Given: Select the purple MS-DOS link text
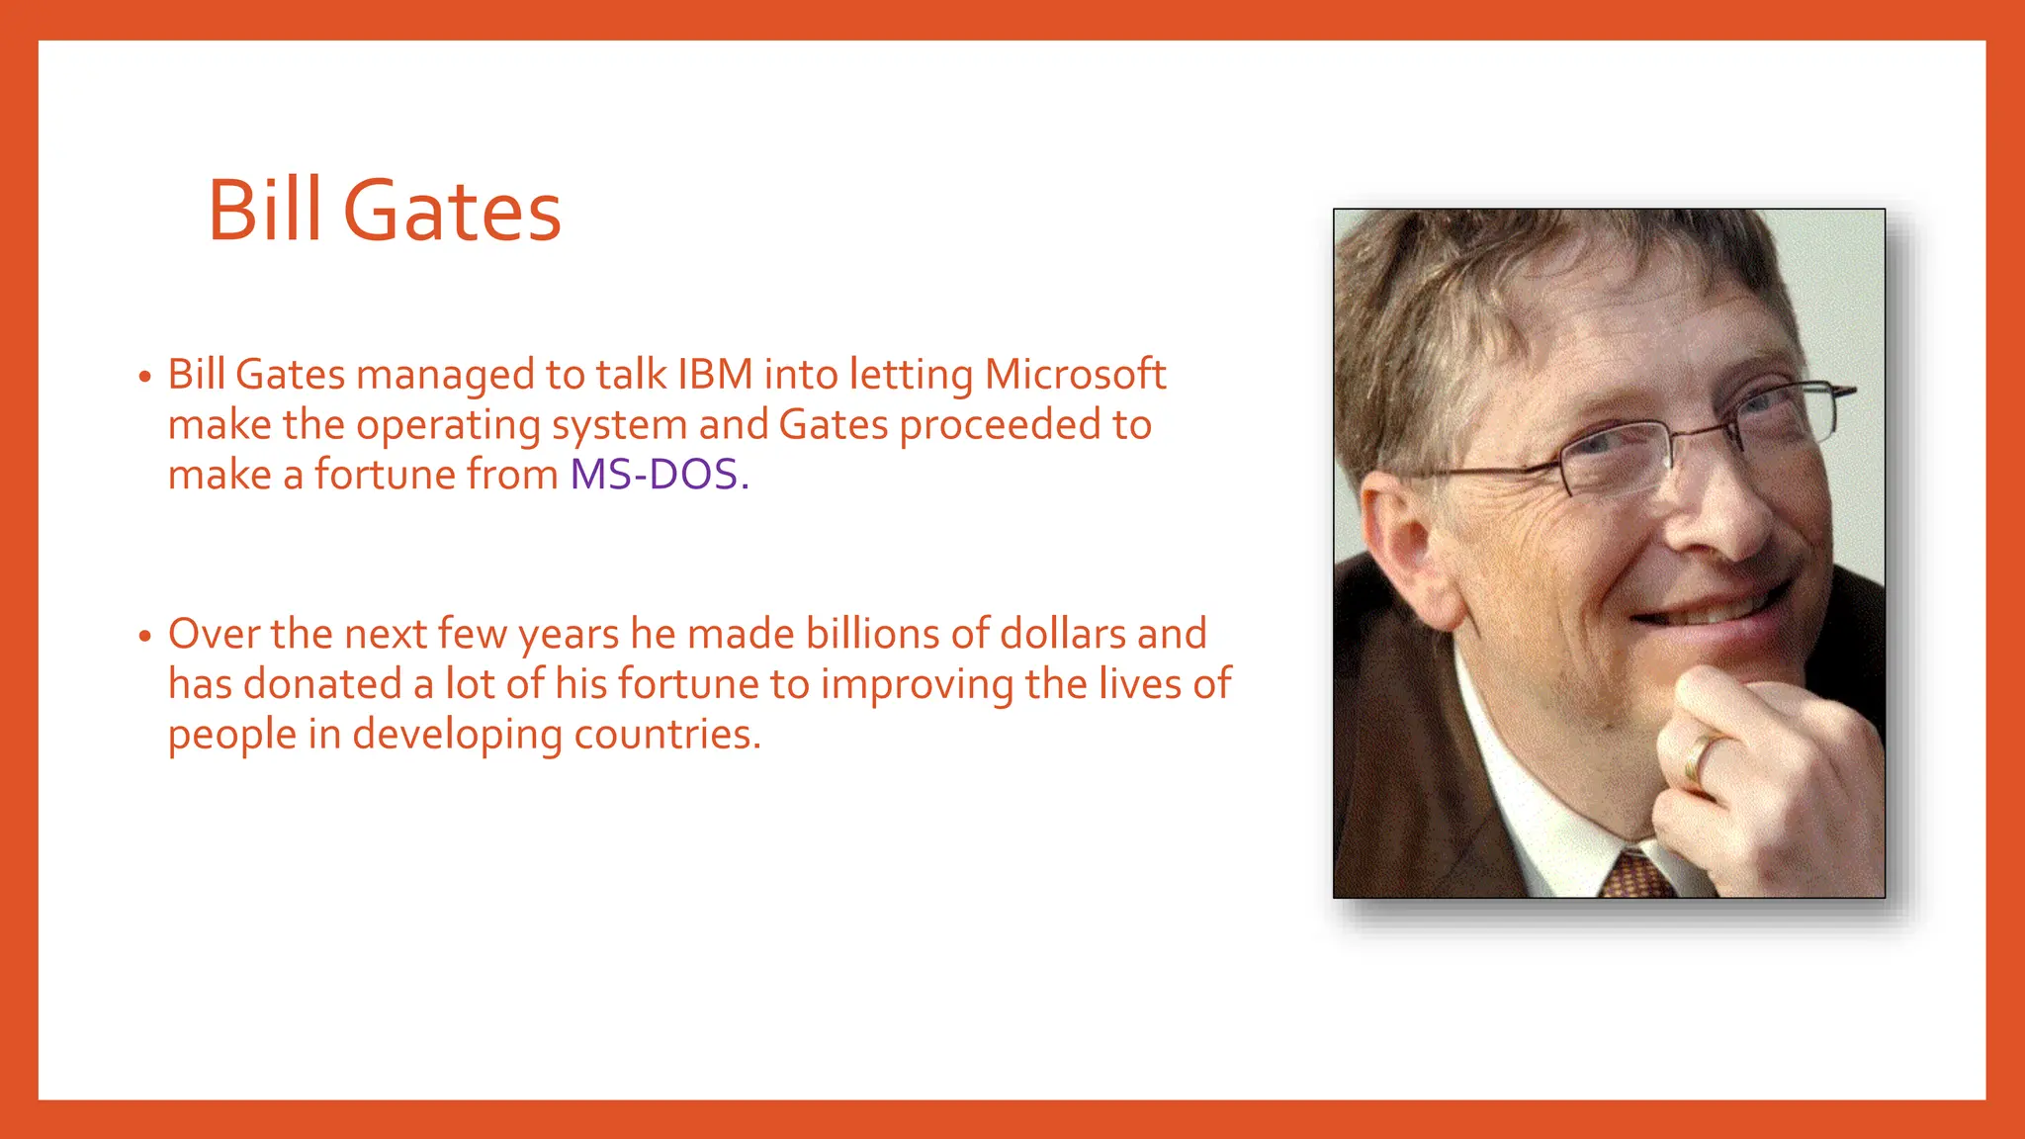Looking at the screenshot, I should pyautogui.click(x=654, y=475).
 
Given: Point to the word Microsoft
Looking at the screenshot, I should pyautogui.click(x=1075, y=375).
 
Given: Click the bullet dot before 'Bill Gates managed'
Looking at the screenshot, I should pyautogui.click(x=145, y=377).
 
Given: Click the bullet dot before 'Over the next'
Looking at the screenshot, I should pyautogui.click(x=145, y=636).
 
